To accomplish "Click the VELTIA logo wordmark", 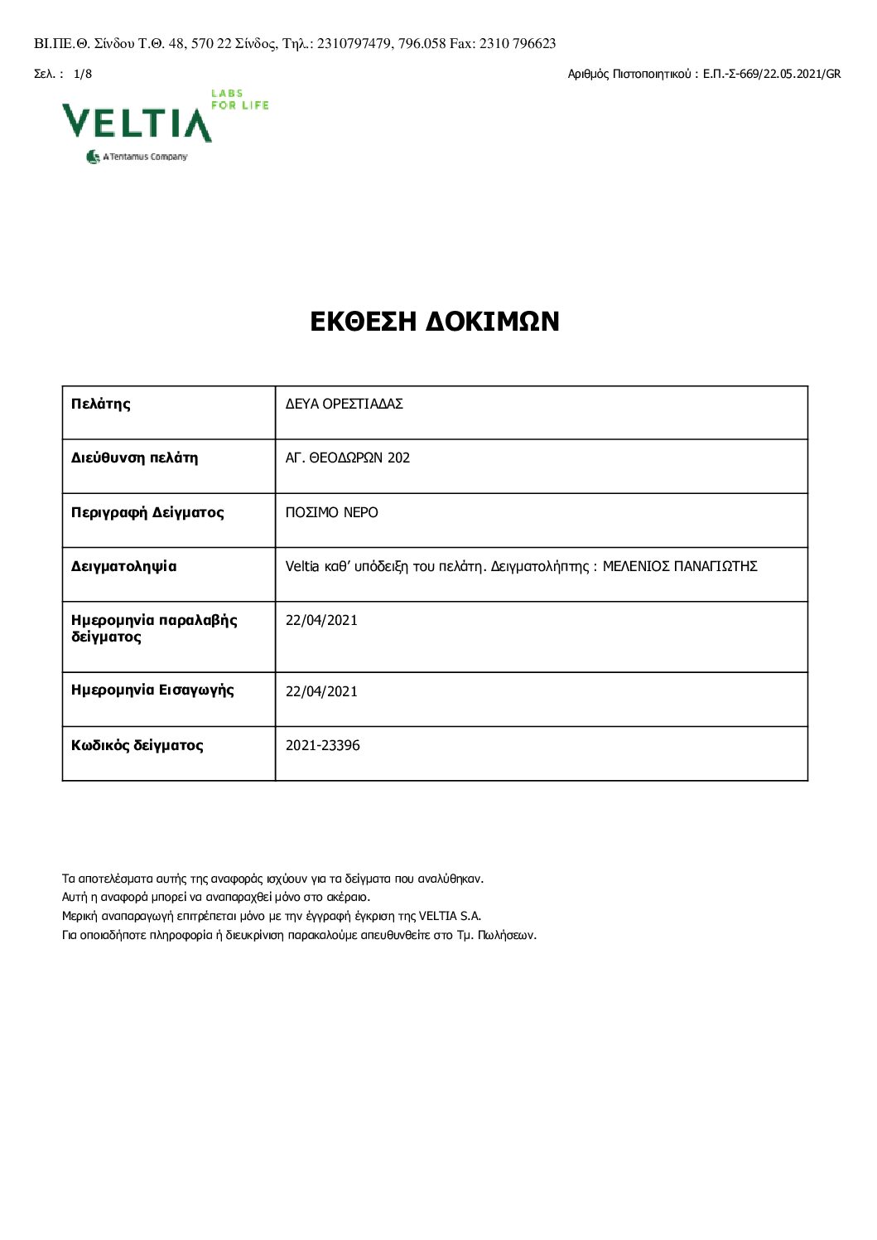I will pyautogui.click(x=137, y=123).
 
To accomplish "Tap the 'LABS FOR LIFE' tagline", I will pyautogui.click(x=239, y=99).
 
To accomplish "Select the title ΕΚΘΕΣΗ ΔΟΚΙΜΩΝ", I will pyautogui.click(x=435, y=322).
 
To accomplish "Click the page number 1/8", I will pyautogui.click(x=83, y=74).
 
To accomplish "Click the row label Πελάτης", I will pyautogui.click(x=101, y=404).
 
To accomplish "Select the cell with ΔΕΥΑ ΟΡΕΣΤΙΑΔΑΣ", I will pyautogui.click(x=344, y=404).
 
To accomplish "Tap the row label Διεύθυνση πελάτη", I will pyautogui.click(x=134, y=458).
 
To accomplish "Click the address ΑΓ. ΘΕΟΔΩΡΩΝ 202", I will pyautogui.click(x=348, y=458).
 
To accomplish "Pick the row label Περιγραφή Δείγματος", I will pyautogui.click(x=147, y=512).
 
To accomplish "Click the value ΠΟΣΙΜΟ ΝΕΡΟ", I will pyautogui.click(x=331, y=512).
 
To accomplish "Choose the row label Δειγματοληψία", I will pyautogui.click(x=124, y=567).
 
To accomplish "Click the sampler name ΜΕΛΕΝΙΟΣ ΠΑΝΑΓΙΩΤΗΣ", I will pyautogui.click(x=680, y=567).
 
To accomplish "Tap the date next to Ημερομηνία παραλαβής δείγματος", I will pyautogui.click(x=321, y=620).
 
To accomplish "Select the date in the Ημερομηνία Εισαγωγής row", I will pyautogui.click(x=321, y=691).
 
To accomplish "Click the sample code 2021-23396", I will pyautogui.click(x=323, y=745).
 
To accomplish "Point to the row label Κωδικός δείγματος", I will pyautogui.click(x=137, y=745).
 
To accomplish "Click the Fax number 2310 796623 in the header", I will pyautogui.click(x=518, y=44).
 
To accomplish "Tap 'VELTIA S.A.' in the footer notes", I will pyautogui.click(x=450, y=916).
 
